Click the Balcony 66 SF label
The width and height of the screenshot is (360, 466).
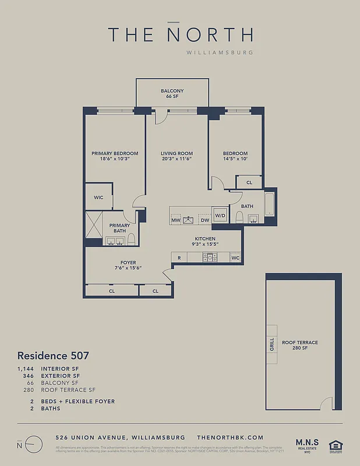click(172, 93)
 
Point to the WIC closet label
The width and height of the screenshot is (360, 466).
click(99, 197)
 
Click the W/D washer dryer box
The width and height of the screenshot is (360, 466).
click(220, 216)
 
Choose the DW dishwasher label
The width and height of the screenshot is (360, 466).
click(204, 220)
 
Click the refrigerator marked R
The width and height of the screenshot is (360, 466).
click(179, 257)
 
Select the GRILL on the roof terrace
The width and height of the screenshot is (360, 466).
click(271, 344)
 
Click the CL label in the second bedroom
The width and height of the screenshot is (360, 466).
click(249, 182)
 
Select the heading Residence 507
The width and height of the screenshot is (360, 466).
click(52, 355)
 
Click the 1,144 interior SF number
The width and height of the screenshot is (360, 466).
click(26, 369)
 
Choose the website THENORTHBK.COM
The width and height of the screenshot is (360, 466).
click(230, 437)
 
